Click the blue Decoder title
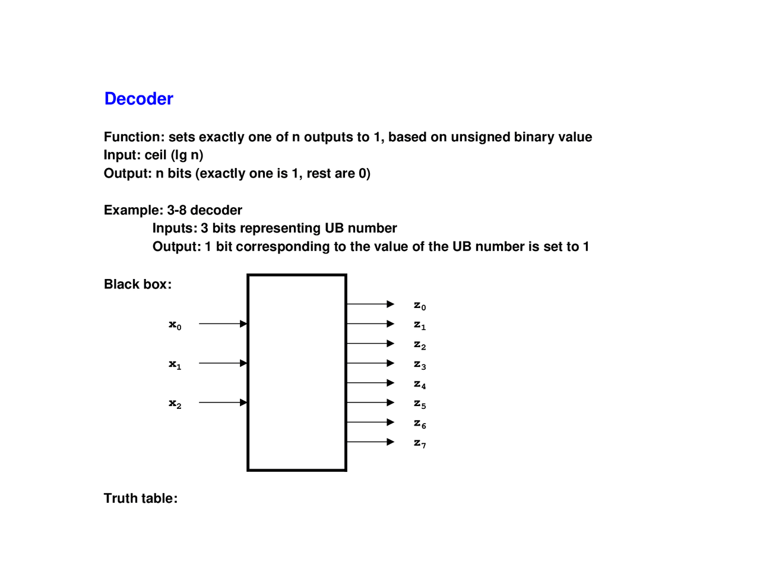tap(138, 99)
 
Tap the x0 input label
tap(175, 325)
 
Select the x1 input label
tap(175, 364)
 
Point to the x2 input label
tap(175, 404)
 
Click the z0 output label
tap(420, 306)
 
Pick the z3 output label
tap(420, 364)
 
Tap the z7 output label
tap(420, 443)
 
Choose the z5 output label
tap(420, 404)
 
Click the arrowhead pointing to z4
tap(390, 383)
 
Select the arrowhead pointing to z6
tap(390, 422)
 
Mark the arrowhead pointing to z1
tap(390, 323)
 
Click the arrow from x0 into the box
tap(223, 323)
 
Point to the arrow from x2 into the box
tap(223, 402)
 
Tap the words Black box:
tap(138, 284)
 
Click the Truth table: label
tap(141, 499)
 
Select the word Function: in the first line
tap(134, 137)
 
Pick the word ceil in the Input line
tap(156, 156)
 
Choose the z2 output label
tap(420, 345)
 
